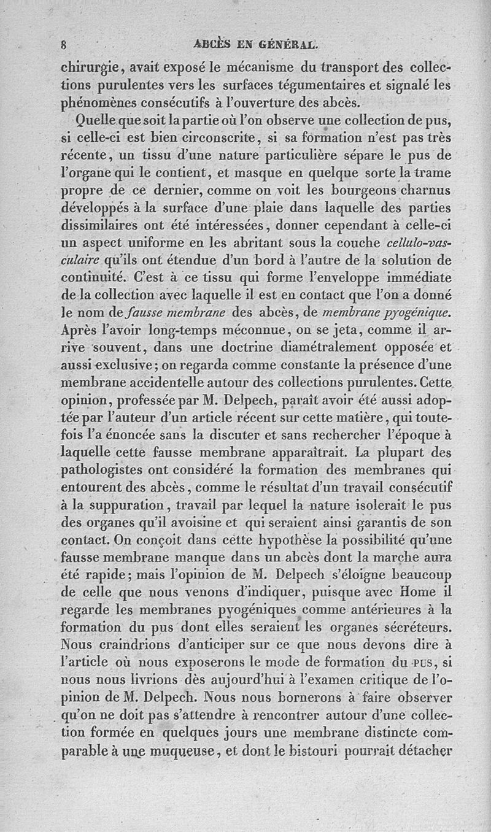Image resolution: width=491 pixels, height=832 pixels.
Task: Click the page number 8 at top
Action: pos(63,44)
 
